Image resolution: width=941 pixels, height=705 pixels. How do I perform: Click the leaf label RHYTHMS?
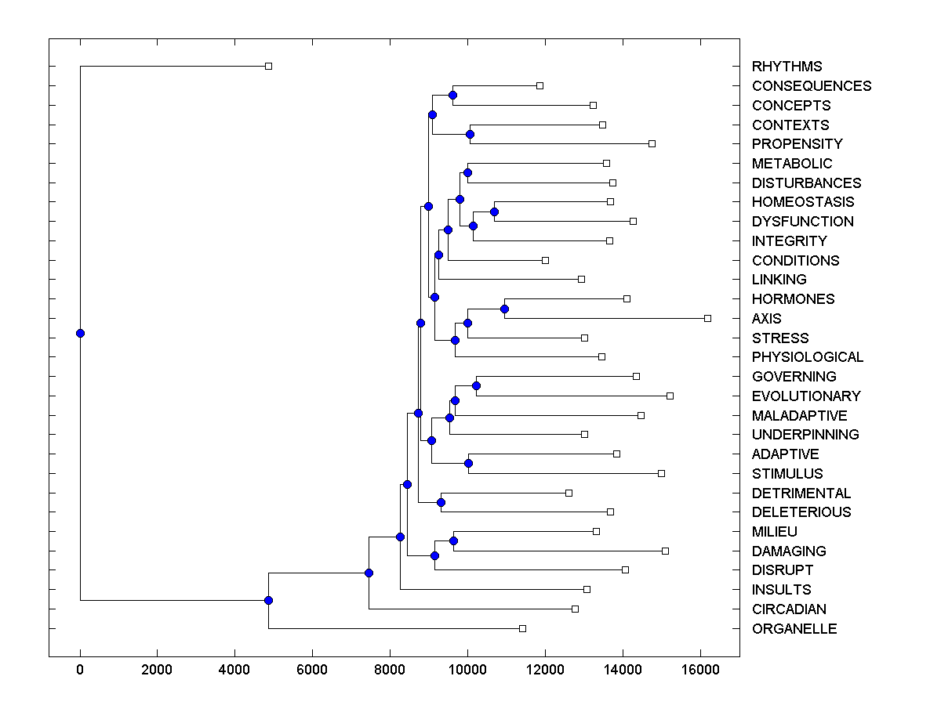coord(787,67)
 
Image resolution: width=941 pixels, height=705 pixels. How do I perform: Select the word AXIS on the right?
coord(766,319)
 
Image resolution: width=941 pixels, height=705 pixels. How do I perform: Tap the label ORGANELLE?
coord(794,629)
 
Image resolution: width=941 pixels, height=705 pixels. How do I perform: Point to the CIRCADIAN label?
coord(789,609)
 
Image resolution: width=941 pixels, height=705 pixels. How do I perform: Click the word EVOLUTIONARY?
coord(806,396)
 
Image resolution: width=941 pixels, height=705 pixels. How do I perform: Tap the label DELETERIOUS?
coord(801,512)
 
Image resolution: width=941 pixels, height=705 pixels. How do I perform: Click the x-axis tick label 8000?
coord(390,671)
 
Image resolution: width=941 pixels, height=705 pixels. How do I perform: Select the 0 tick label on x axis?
coord(80,671)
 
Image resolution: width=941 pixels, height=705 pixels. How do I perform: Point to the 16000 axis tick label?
coord(699,671)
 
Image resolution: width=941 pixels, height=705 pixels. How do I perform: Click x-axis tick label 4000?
coord(234,671)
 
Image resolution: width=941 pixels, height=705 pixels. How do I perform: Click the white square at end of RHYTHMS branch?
coord(268,66)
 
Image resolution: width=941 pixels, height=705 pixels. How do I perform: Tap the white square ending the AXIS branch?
coord(707,318)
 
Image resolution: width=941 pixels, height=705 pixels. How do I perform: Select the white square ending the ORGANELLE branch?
coord(523,628)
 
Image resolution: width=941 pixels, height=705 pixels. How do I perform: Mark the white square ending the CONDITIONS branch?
coord(545,260)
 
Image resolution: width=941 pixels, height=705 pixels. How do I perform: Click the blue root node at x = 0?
coord(80,333)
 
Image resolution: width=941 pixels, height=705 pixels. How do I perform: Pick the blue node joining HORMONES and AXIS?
coord(504,309)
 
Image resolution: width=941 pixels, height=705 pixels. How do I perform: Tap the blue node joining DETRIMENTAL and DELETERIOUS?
coord(441,502)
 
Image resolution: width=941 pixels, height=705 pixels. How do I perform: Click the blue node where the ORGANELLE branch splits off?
coord(268,600)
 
